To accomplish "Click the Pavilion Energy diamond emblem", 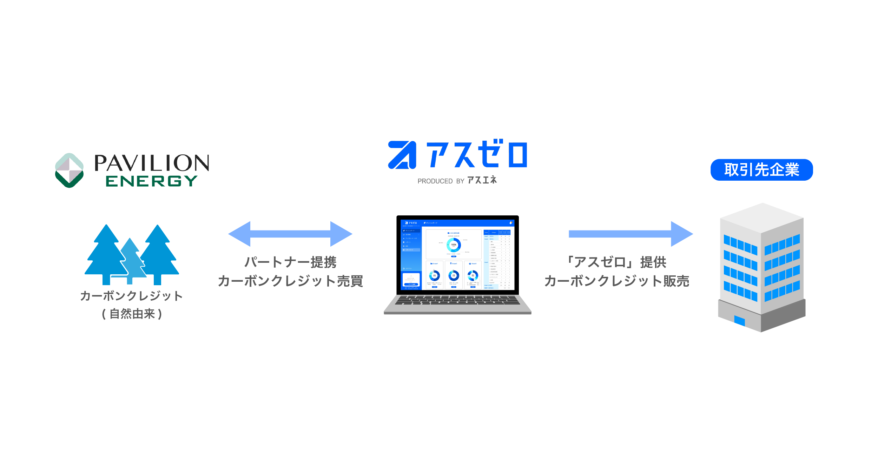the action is tap(69, 171).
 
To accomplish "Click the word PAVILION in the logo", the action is tap(152, 163).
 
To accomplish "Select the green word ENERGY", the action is tap(151, 181).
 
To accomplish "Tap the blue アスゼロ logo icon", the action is tap(402, 155).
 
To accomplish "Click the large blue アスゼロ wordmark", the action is tap(476, 154).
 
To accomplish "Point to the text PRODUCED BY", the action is tap(441, 181).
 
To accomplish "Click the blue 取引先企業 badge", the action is tap(761, 170).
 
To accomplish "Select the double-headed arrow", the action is tap(290, 234).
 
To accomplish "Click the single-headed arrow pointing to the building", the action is tap(631, 234).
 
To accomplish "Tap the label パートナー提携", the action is tap(290, 262).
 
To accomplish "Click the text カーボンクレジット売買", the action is tap(290, 281).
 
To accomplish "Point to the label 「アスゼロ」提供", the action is tap(617, 262).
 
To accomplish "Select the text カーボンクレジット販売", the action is tap(617, 281).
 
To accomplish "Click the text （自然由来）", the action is tap(132, 314).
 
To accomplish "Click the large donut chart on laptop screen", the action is tap(454, 245).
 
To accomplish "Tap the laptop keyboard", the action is tap(457, 300).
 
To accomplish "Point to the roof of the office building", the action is tap(762, 218).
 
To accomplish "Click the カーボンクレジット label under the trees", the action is tap(132, 296).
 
